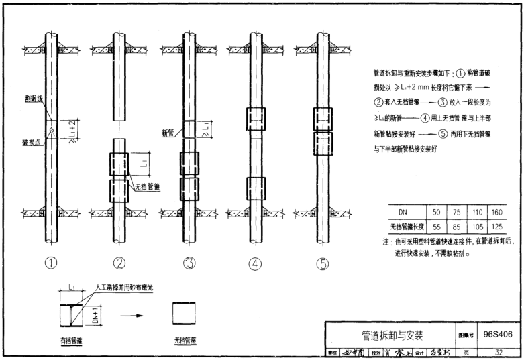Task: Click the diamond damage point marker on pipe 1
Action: [x=52, y=131]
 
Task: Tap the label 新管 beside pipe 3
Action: [x=168, y=133]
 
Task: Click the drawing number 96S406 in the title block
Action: [x=499, y=333]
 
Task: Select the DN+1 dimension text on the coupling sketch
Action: [x=96, y=313]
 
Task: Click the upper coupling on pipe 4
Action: [x=255, y=119]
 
